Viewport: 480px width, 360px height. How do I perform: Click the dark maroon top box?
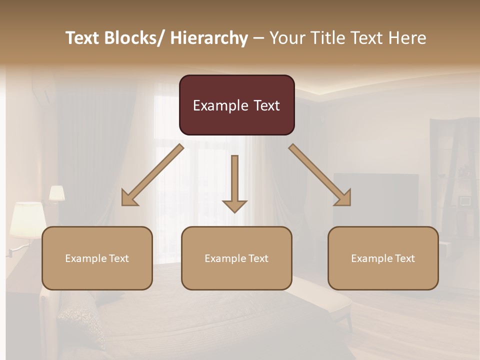[236, 105]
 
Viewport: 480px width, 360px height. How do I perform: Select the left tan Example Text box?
[97, 258]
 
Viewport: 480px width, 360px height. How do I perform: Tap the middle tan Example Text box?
[236, 258]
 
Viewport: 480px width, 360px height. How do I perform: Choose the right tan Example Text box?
[383, 258]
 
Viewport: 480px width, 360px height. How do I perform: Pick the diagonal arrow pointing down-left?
[152, 175]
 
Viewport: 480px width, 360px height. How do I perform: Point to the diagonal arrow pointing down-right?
[320, 175]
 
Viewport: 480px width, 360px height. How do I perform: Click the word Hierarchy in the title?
[209, 38]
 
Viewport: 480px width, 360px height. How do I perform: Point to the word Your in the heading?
[286, 38]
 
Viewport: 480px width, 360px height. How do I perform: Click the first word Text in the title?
[83, 38]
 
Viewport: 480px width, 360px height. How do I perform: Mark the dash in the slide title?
[258, 38]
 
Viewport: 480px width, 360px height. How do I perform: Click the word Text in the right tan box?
[404, 258]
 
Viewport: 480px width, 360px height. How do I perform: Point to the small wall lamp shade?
[56, 193]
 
